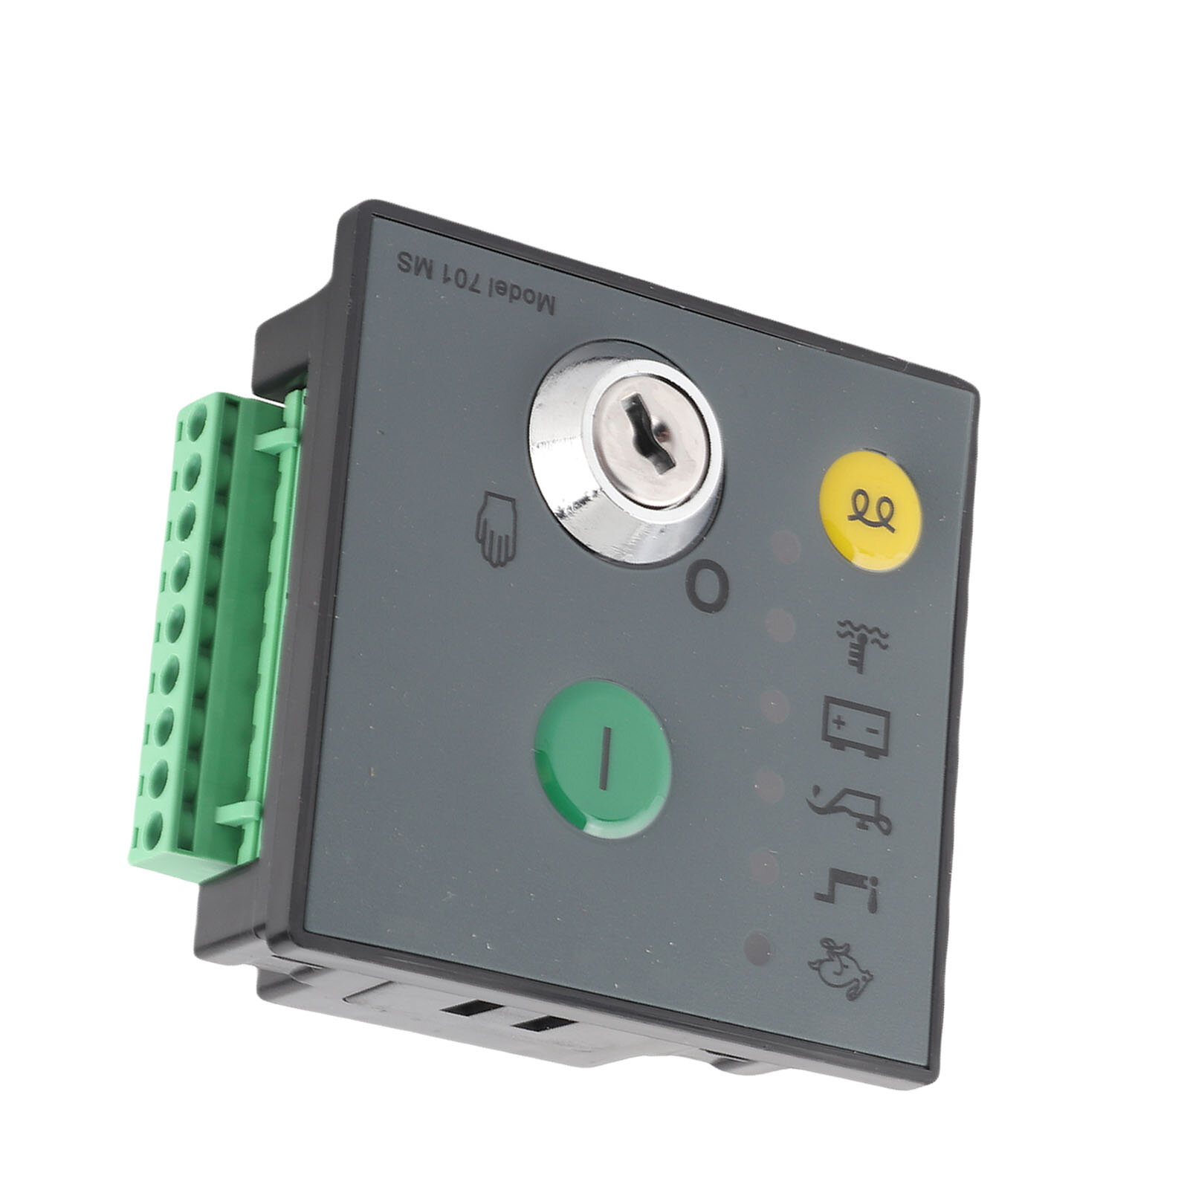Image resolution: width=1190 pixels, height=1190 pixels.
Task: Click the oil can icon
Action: point(850,804)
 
